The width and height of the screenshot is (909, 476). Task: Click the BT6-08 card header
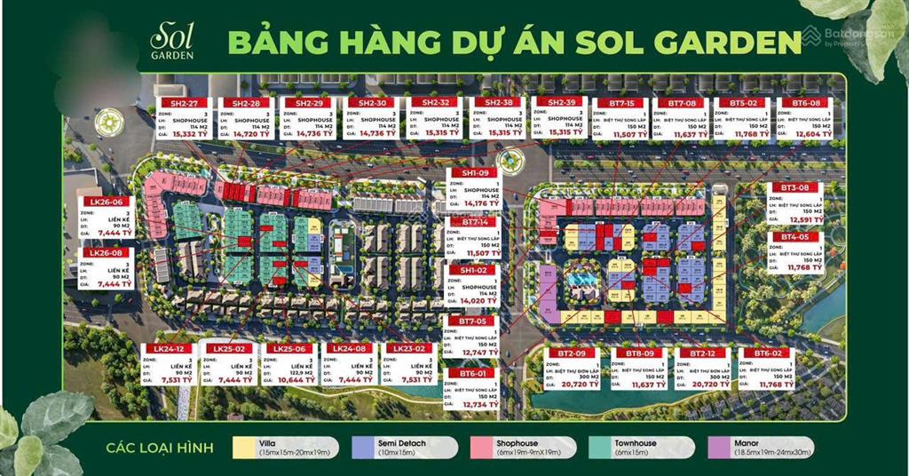coord(805,103)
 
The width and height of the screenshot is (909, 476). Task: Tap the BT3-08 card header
coord(794,188)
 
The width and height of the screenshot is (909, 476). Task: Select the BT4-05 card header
coord(794,237)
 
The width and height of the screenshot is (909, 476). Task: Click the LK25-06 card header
coord(289,348)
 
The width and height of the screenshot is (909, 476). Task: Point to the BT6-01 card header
coord(471,372)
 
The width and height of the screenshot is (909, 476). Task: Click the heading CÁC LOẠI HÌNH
coord(159,446)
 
